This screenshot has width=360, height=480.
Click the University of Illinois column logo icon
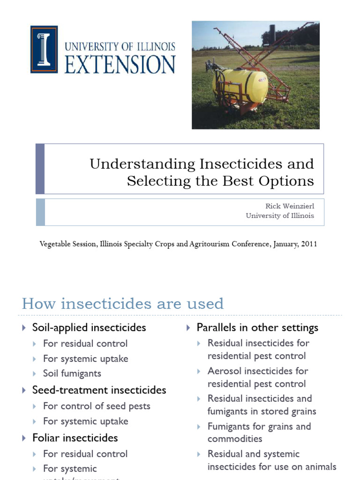pos(44,49)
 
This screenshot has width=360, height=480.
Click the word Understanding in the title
pos(142,164)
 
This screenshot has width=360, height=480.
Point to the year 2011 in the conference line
pos(307,244)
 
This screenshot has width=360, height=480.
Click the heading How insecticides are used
pos(123,304)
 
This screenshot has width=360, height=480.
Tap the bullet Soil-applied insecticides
pos(89,327)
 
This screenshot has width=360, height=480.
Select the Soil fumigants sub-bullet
pos(72,374)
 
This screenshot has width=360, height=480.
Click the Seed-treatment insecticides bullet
pos(99,390)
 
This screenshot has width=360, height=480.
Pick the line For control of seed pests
pos(97,406)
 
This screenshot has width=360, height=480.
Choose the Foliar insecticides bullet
pos(75,438)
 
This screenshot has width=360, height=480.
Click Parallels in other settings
pos(257,327)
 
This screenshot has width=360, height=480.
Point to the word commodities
pos(235,439)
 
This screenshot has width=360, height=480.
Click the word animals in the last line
pos(321,466)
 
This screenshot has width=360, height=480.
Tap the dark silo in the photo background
pos(269,35)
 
